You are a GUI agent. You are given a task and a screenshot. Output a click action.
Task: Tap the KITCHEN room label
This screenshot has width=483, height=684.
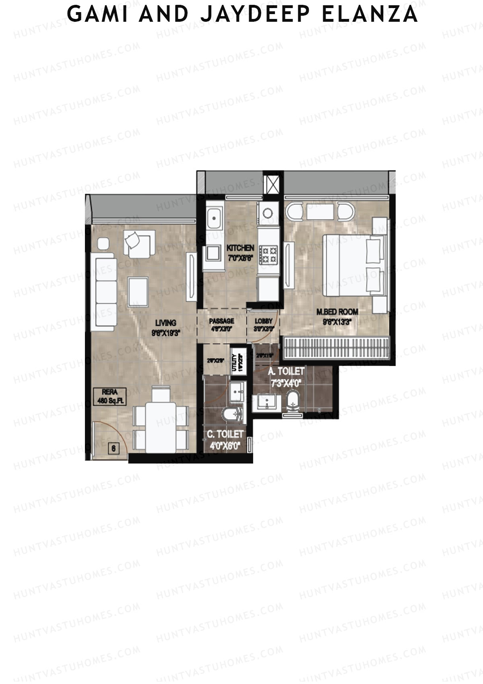point(240,248)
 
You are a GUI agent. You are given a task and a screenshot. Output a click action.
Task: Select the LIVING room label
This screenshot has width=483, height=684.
point(165,323)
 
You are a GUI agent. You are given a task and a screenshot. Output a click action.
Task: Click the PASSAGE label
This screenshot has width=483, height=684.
point(221,321)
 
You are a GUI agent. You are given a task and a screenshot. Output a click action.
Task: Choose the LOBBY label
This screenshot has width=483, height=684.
point(264,321)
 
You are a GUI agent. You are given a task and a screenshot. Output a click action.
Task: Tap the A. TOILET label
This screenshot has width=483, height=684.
point(286,371)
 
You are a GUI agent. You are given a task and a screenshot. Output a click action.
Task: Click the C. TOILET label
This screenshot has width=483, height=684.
point(225,434)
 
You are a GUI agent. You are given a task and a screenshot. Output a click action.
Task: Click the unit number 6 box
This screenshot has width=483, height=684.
point(114,448)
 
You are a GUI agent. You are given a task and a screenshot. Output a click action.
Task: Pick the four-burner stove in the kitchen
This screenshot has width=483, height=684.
point(268,255)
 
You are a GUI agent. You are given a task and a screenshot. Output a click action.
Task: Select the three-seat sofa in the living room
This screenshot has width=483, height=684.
point(105,292)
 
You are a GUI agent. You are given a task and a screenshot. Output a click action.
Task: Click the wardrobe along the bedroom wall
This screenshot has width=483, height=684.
point(336,348)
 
